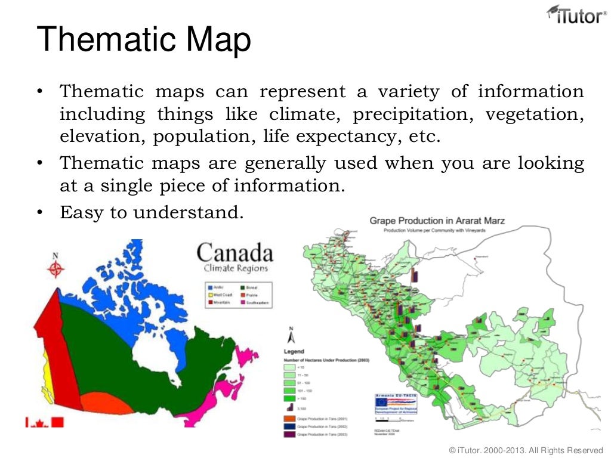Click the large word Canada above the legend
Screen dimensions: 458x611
pyautogui.click(x=234, y=253)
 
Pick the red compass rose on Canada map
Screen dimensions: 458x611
pyautogui.click(x=56, y=270)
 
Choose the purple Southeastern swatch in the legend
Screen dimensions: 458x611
pyautogui.click(x=241, y=303)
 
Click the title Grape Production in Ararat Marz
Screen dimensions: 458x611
pyautogui.click(x=437, y=221)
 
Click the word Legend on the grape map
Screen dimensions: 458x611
pyautogui.click(x=294, y=351)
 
